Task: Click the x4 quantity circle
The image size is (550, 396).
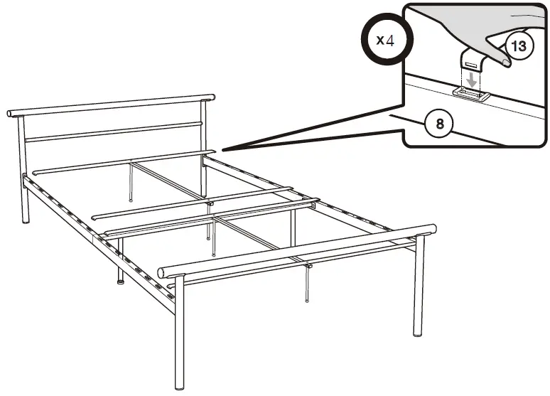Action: click(384, 40)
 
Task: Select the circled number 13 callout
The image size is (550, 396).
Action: click(519, 48)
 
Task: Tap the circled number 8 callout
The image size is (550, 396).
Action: click(440, 124)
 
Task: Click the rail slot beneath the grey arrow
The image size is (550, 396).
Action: click(470, 93)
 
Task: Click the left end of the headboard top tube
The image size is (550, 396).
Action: click(11, 113)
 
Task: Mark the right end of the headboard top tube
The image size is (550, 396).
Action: click(212, 95)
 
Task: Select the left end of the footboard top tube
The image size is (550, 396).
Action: click(162, 271)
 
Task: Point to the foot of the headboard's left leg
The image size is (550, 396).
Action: click(26, 221)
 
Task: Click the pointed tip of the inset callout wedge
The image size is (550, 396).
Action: click(222, 150)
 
